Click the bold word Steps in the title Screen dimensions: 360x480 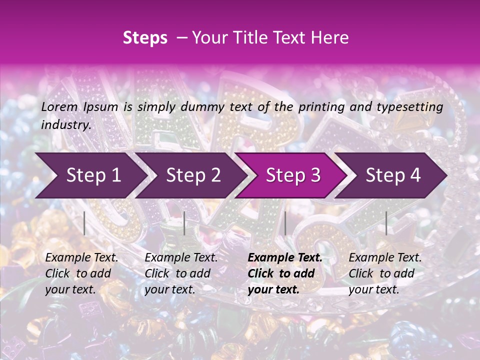point(145,38)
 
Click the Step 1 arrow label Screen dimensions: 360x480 point(93,175)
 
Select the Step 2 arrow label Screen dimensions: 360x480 point(193,175)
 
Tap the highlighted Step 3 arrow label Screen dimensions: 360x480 point(293,175)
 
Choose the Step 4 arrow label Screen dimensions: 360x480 point(393,175)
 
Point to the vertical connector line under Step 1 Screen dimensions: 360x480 point(84,223)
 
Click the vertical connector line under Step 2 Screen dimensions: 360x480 point(184,223)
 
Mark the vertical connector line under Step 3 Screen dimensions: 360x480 point(285,223)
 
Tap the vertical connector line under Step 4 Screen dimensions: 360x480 point(386,223)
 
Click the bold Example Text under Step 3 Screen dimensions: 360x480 point(285,258)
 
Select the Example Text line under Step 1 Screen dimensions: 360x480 point(81,258)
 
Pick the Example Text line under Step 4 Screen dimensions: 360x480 point(385,258)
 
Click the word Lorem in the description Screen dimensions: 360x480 point(59,107)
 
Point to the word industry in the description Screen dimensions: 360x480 point(66,125)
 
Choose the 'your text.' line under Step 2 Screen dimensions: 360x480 point(170,289)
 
